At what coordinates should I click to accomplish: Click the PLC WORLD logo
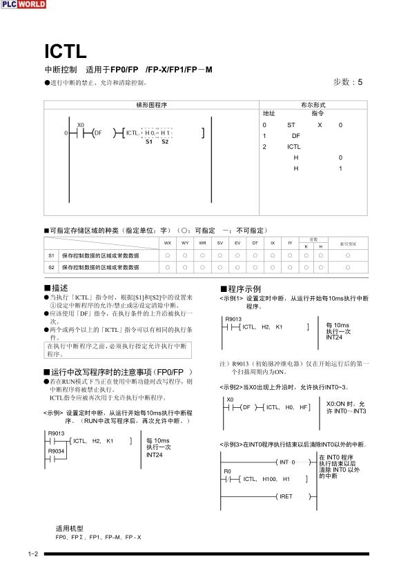pyautogui.click(x=23, y=4)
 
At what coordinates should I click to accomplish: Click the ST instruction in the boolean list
pyautogui.click(x=291, y=125)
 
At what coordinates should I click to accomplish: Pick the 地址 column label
pyautogui.click(x=269, y=113)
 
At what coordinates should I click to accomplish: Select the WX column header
pyautogui.click(x=167, y=243)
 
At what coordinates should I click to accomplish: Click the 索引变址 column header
pyautogui.click(x=348, y=243)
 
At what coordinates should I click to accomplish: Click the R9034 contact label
pyautogui.click(x=56, y=451)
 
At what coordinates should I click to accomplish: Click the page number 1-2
pyautogui.click(x=32, y=554)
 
